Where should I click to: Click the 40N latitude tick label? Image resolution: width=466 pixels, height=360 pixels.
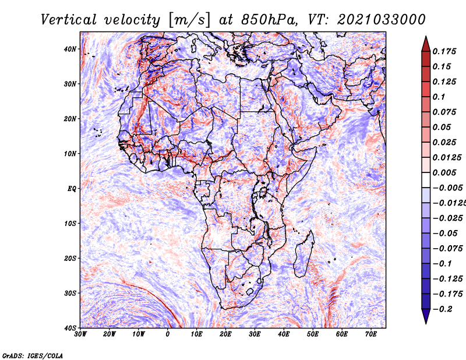70,49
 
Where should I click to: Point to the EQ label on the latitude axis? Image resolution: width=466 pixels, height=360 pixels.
72,189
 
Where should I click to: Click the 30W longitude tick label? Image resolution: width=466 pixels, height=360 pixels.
80,334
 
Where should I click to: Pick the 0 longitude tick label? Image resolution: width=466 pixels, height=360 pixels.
168,334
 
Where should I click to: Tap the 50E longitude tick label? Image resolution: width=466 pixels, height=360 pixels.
313,334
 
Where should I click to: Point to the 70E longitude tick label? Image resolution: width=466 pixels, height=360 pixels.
370,334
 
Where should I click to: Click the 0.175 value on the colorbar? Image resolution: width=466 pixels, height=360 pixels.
444,51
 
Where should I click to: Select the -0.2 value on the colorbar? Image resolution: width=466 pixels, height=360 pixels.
443,309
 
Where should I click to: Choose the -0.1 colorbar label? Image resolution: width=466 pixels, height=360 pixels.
442,264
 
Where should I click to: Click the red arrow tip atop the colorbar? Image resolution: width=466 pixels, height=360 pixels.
426,37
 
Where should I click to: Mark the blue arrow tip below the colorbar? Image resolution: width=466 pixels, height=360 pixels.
426,323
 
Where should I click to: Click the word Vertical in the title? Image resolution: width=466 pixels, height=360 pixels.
69,20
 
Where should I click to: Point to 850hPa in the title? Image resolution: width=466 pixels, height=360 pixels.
269,20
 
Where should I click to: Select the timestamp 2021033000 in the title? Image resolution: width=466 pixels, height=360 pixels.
382,20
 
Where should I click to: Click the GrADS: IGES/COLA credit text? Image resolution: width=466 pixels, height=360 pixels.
33,356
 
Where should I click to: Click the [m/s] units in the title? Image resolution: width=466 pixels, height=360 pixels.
189,20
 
